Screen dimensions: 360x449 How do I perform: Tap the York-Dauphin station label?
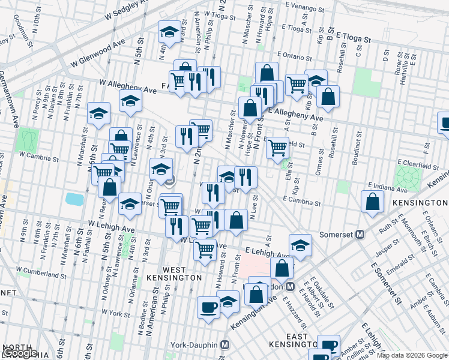[x=193, y=346]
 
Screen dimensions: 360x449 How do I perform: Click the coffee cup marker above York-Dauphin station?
[x=208, y=306]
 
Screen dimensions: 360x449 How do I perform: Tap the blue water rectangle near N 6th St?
[x=75, y=199]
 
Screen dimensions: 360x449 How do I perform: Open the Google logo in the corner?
[x=19, y=353]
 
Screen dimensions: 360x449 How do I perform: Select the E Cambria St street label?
[x=300, y=202]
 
